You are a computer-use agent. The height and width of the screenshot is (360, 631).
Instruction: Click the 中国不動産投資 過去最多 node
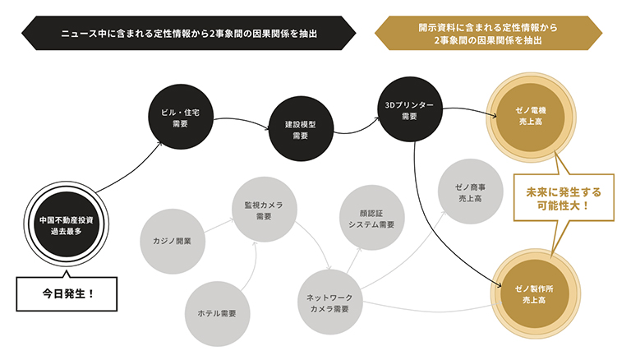pos(67,224)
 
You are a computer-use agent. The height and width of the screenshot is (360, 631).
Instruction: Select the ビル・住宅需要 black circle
pos(181,117)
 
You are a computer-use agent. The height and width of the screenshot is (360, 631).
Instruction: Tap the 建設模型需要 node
pos(301,129)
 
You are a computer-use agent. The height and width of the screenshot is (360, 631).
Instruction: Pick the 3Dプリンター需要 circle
pos(410,109)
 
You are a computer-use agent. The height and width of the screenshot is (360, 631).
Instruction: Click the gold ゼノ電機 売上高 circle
pos(531,118)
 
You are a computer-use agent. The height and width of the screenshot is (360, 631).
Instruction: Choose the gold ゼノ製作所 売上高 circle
pos(534,293)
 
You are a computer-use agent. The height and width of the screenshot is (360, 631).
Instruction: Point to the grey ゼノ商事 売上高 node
pos(471,192)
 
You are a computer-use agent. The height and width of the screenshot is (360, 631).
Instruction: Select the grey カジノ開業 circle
pos(173,242)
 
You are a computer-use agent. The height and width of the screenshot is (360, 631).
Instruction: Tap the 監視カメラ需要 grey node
pos(265,210)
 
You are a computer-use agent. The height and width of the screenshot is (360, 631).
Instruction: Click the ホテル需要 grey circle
pos(217,314)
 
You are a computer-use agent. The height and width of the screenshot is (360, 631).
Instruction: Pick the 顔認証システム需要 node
pos(372,218)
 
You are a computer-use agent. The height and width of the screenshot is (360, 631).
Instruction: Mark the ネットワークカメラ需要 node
pos(330,302)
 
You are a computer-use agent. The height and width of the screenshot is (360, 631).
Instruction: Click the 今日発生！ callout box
pos(67,293)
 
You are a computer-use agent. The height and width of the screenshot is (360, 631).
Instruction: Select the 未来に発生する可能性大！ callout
pos(564,198)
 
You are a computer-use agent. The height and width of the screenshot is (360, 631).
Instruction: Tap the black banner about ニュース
pos(189,33)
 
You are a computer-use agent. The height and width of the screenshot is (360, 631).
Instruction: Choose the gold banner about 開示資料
pos(488,33)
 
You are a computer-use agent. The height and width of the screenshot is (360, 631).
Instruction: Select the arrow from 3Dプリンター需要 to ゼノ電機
pos(470,110)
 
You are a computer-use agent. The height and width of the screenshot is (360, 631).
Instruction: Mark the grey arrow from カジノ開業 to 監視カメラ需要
pos(219,226)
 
